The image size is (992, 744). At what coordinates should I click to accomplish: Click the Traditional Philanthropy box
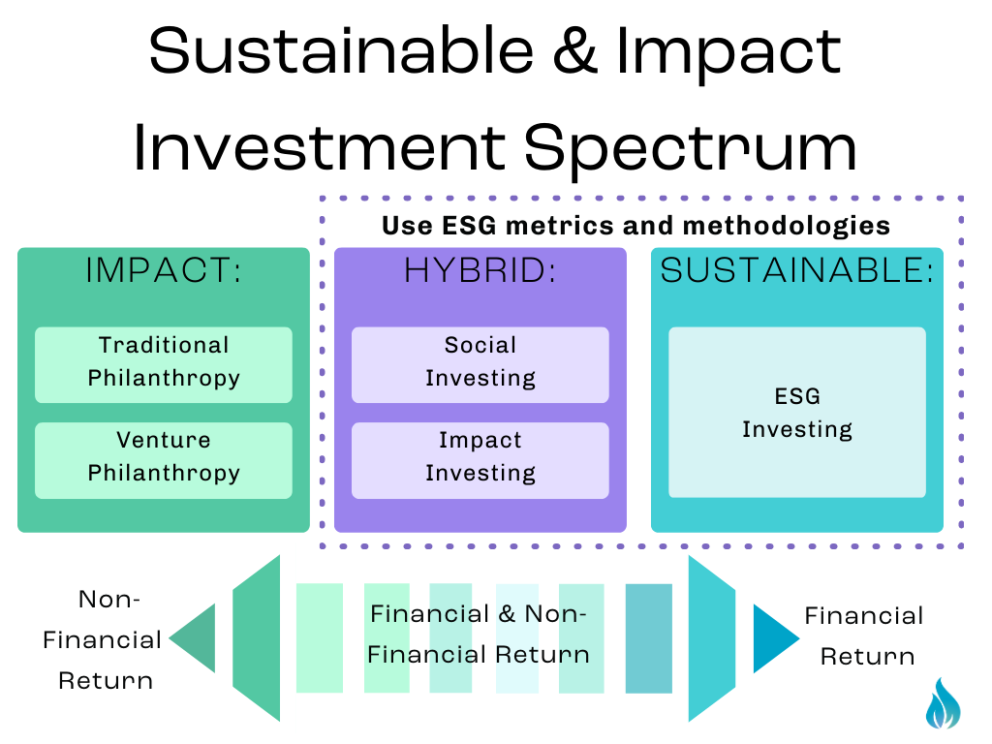(164, 364)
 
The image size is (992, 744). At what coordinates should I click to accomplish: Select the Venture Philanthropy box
(164, 459)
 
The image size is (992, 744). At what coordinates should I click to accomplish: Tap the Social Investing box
(480, 364)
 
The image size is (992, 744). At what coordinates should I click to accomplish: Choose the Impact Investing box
(480, 459)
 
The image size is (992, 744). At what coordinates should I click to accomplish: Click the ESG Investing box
(796, 413)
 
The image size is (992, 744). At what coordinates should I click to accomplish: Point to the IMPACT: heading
(164, 272)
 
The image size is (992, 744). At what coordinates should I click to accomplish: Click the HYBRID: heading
(480, 272)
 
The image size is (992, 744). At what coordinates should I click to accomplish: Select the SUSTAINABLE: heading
(796, 272)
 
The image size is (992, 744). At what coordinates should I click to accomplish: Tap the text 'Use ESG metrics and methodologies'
(635, 226)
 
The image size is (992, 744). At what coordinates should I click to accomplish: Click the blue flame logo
(943, 703)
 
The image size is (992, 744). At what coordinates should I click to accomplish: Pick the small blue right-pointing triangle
(772, 638)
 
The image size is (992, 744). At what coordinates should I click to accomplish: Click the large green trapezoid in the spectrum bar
(258, 638)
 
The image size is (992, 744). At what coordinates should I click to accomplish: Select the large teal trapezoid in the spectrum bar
(711, 638)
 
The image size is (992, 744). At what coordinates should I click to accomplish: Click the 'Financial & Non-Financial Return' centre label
(479, 634)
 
